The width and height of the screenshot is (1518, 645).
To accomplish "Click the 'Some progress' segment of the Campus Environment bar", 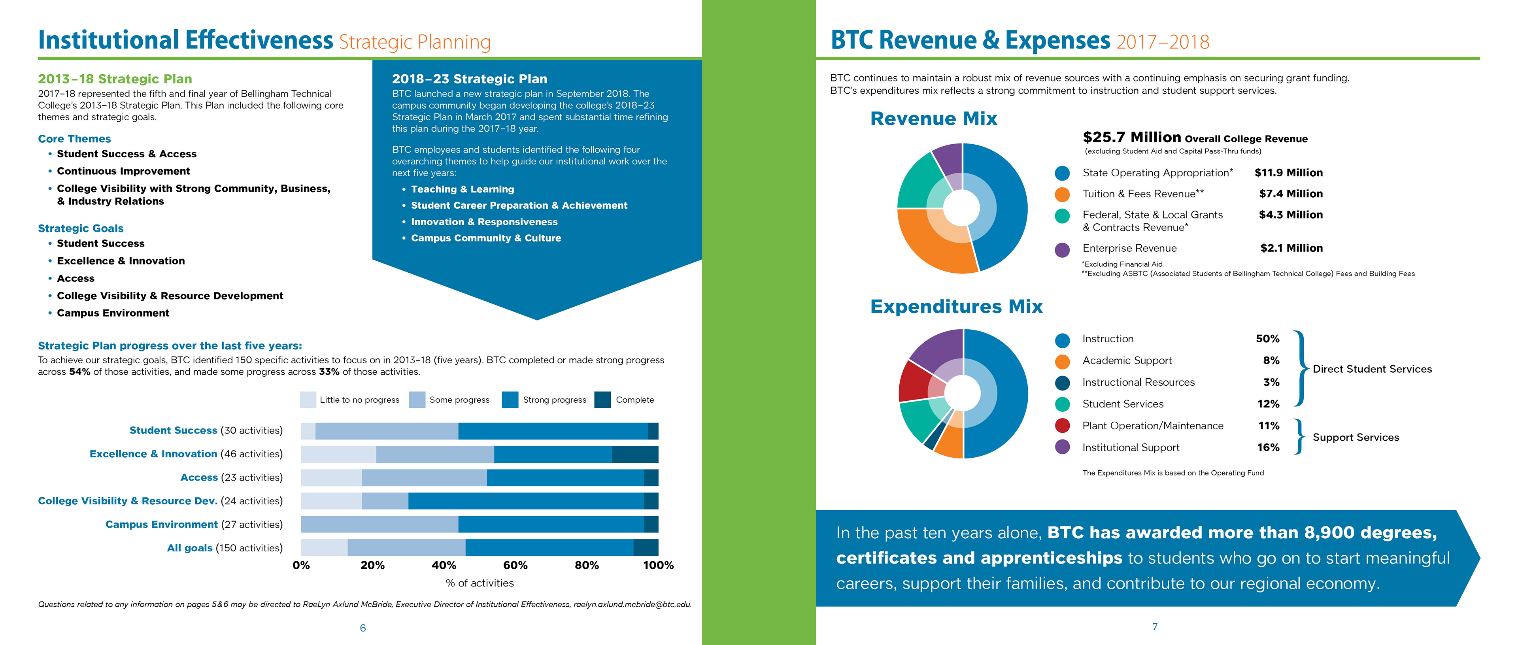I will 379,524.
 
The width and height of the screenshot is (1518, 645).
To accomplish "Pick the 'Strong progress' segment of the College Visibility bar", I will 526,501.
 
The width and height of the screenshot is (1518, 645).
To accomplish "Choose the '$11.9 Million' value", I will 1288,173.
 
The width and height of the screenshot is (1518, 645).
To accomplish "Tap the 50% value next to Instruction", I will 1267,339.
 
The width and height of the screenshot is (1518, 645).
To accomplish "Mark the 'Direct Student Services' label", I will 1372,369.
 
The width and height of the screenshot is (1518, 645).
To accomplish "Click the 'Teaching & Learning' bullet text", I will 462,189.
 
